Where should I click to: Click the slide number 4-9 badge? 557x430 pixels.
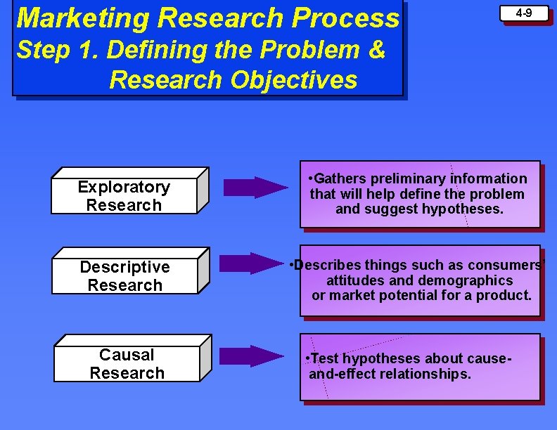pyautogui.click(x=523, y=13)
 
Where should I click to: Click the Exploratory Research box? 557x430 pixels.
pyautogui.click(x=124, y=196)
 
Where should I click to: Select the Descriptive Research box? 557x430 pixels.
pyautogui.click(x=124, y=276)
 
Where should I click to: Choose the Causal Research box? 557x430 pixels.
pyautogui.click(x=127, y=364)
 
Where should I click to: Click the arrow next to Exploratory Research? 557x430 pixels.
pyautogui.click(x=255, y=188)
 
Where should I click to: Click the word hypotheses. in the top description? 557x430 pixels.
pyautogui.click(x=462, y=209)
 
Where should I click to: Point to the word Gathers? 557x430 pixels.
pyautogui.click(x=338, y=178)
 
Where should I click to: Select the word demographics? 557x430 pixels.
pyautogui.click(x=465, y=280)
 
